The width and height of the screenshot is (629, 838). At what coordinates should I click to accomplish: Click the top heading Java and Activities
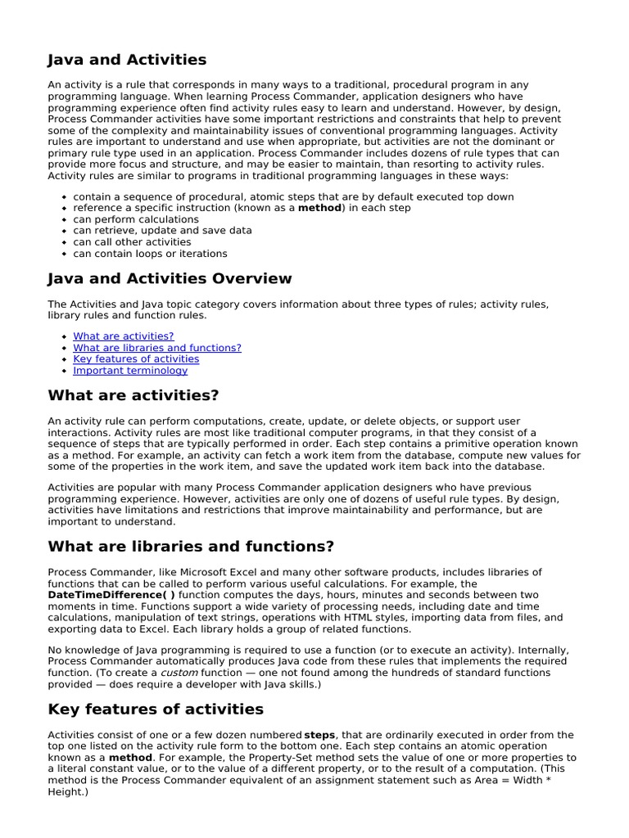127,60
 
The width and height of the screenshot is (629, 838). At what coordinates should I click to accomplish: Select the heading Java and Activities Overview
170,279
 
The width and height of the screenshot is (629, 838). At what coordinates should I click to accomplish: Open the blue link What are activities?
123,336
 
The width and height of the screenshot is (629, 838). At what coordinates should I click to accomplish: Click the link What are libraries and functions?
156,348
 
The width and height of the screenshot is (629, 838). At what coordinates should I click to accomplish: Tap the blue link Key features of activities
136,359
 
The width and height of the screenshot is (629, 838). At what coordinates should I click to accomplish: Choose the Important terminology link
130,371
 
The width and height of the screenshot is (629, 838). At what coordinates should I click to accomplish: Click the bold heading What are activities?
133,396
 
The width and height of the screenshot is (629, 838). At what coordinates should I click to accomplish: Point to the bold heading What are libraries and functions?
191,547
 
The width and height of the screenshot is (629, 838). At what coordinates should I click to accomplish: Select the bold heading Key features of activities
156,709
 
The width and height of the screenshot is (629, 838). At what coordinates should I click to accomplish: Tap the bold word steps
320,735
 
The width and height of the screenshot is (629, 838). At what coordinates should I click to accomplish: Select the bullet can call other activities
132,242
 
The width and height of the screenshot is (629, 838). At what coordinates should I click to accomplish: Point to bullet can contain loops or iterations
150,254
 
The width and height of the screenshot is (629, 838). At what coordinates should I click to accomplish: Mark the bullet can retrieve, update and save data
162,231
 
